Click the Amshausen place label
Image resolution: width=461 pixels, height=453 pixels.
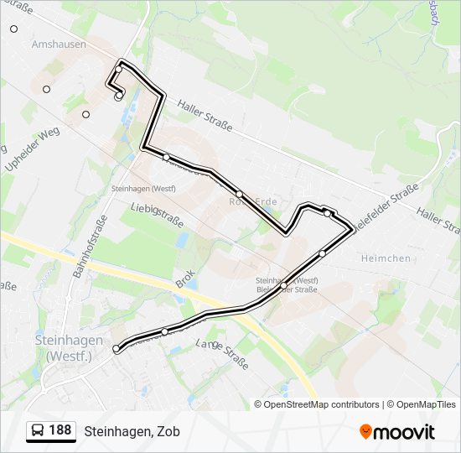[59, 44]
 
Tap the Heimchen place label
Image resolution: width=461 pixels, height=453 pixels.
[385, 258]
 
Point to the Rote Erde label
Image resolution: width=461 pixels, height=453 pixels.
[252, 202]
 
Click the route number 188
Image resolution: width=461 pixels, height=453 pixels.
[60, 430]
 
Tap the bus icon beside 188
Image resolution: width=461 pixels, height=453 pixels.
[39, 431]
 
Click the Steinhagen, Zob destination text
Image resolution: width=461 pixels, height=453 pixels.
[132, 431]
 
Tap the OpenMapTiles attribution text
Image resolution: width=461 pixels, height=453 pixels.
[426, 404]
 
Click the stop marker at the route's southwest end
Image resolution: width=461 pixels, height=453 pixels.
[117, 348]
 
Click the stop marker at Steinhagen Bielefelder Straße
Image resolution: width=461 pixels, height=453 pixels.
[283, 287]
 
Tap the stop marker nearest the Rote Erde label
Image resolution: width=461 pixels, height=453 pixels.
[239, 194]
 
